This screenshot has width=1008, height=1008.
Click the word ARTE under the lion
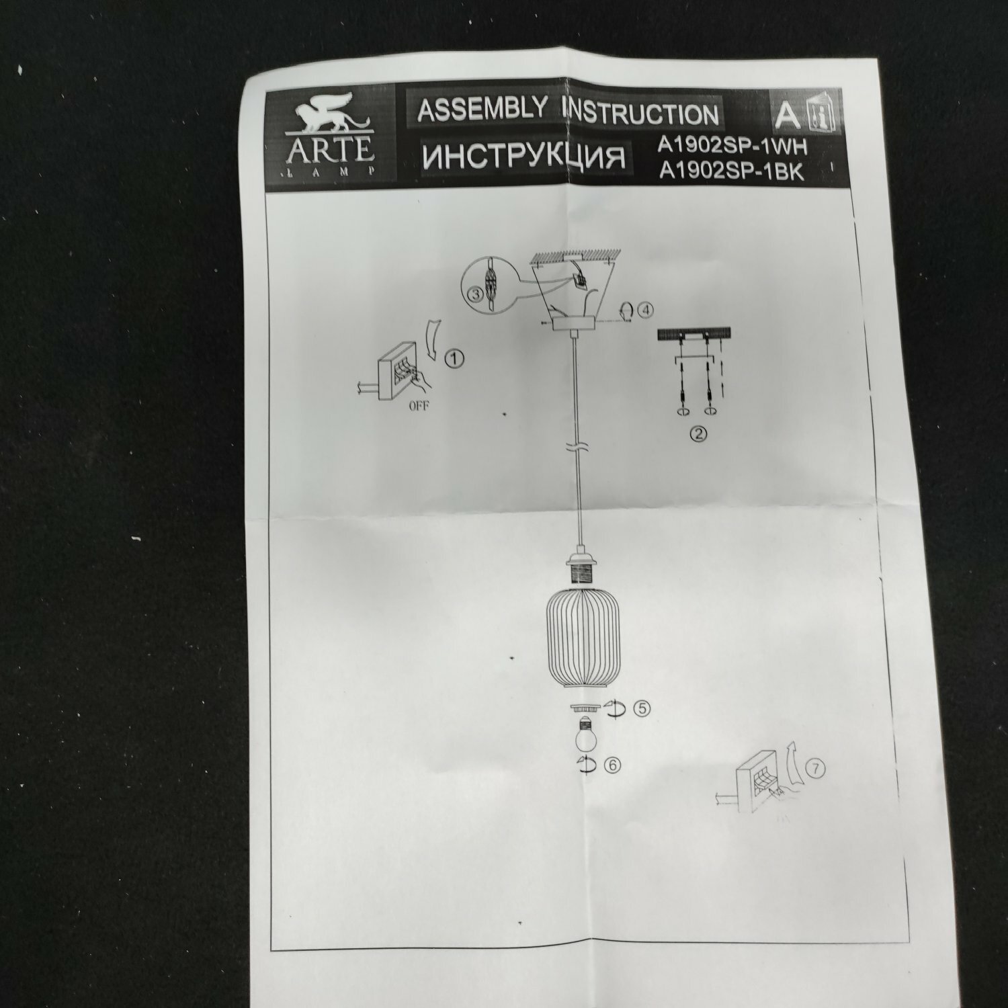coord(331,150)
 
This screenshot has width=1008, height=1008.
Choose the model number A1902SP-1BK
coord(732,173)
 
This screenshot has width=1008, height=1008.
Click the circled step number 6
coord(612,765)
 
